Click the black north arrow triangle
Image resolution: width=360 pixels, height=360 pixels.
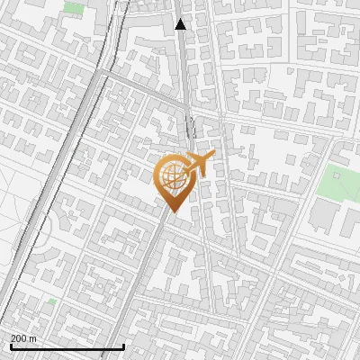click(181, 24)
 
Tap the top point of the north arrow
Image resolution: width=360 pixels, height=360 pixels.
click(181, 18)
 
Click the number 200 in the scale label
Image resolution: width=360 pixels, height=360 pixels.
click(19, 338)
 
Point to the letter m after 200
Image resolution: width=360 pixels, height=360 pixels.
click(33, 338)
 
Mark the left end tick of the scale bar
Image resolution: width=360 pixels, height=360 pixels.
click(11, 347)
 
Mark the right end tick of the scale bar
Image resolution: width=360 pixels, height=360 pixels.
click(123, 347)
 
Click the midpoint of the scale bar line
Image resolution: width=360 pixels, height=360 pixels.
click(67, 347)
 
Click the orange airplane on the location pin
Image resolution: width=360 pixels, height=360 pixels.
click(199, 166)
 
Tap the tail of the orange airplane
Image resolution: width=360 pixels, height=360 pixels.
click(186, 171)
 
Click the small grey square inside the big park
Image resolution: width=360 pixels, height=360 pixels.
click(338, 176)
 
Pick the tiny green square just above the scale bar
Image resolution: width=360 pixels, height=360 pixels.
click(52, 301)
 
